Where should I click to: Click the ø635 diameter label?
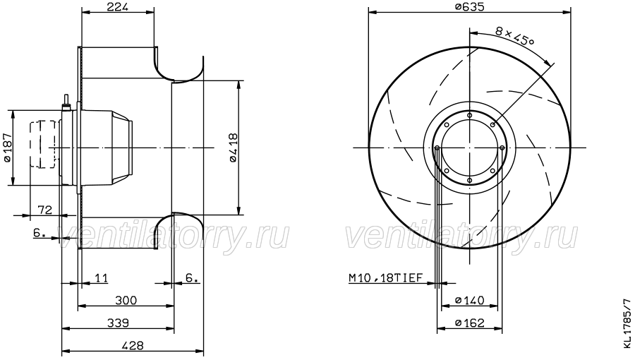click(469, 6)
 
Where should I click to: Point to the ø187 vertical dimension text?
click(7, 148)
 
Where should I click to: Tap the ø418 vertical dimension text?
click(234, 148)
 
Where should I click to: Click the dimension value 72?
click(45, 210)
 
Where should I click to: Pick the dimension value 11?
click(101, 278)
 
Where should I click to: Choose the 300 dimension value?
click(126, 301)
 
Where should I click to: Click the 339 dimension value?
click(118, 323)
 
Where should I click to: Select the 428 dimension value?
click(133, 346)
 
